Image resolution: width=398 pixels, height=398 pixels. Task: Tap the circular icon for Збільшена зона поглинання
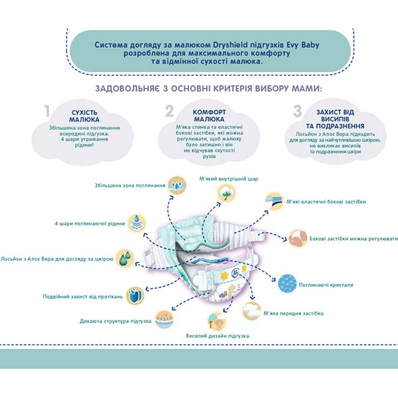point(177,184)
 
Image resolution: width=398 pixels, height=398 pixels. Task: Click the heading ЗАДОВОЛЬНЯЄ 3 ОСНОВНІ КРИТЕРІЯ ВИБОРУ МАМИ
point(198,89)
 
